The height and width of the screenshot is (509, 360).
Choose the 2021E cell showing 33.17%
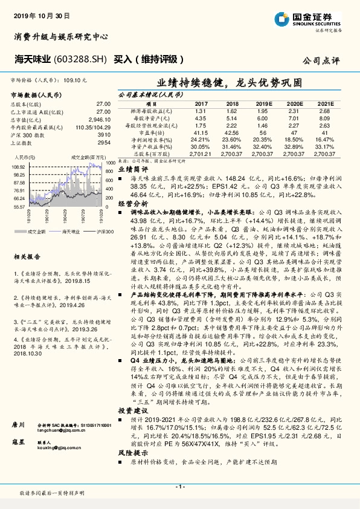(326, 146)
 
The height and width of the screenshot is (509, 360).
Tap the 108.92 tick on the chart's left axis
(18, 166)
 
